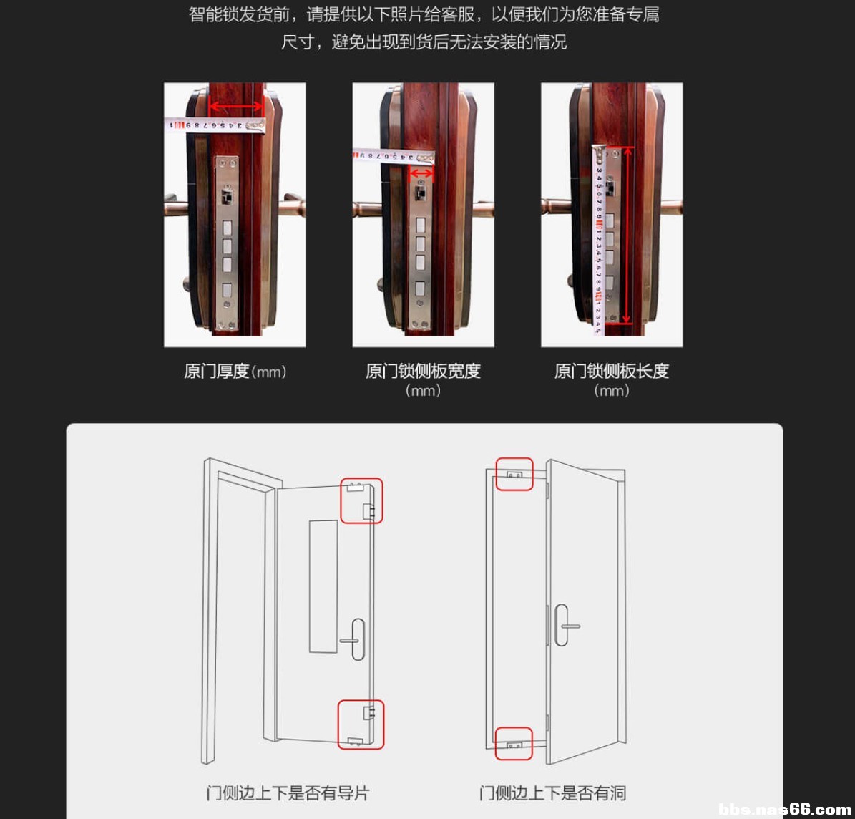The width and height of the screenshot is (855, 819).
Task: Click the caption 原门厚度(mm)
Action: tap(235, 372)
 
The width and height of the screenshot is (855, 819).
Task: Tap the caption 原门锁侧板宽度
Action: tap(423, 371)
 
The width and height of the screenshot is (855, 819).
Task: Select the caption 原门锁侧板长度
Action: tap(611, 371)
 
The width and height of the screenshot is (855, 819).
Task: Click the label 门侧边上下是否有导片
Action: tap(288, 793)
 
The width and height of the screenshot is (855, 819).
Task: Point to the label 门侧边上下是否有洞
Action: tap(552, 793)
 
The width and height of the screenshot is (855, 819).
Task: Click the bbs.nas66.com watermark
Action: tap(785, 809)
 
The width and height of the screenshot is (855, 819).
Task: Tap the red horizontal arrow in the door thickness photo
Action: tap(237, 107)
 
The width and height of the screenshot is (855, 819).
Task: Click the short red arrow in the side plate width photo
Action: tap(421, 174)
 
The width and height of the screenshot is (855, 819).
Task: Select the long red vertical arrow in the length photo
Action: tap(627, 235)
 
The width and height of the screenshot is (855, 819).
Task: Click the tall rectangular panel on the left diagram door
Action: tap(323, 586)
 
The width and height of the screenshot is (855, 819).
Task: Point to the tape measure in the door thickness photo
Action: tap(215, 125)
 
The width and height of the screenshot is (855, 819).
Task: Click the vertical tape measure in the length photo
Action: tap(598, 240)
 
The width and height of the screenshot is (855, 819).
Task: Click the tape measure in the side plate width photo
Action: tap(394, 156)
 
